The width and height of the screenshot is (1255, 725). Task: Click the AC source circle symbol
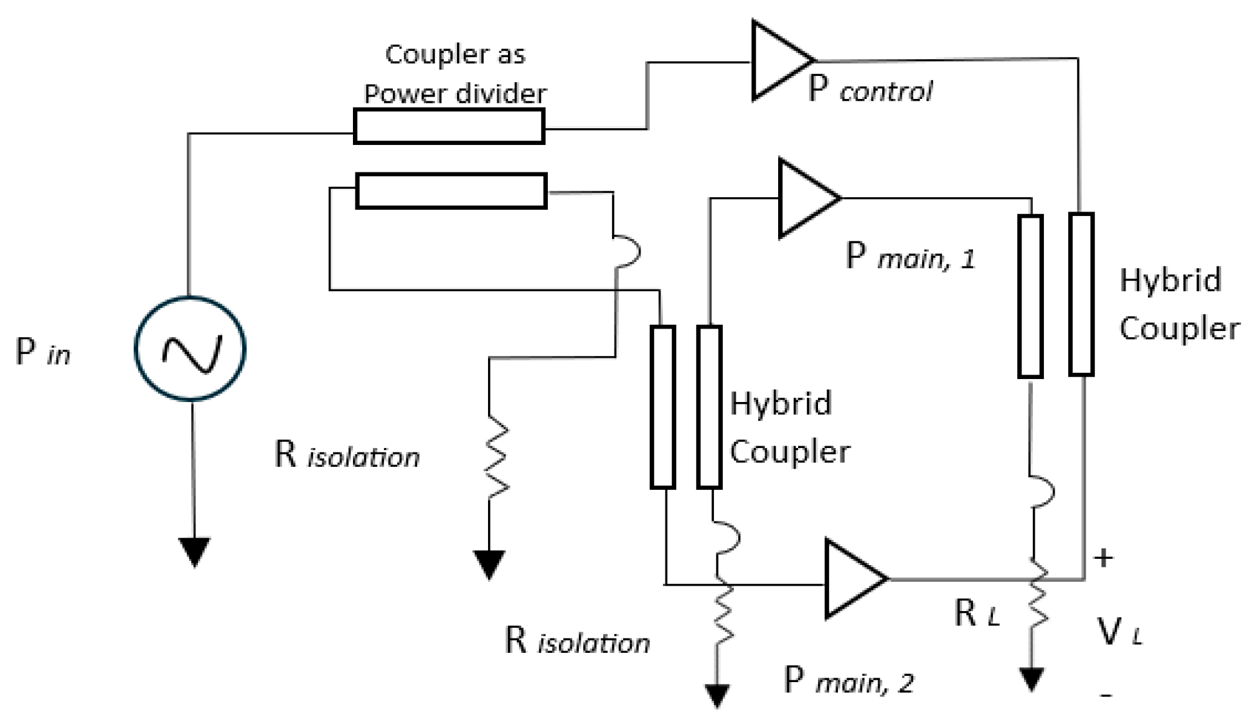(190, 348)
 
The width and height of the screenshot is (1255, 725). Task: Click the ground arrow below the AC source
(194, 551)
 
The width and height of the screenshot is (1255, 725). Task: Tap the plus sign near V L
(1103, 558)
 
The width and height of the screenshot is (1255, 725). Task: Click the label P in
(42, 353)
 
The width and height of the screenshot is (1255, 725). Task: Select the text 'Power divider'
(454, 94)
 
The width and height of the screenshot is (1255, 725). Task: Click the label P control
(870, 90)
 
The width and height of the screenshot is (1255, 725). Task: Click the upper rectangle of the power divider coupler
(449, 126)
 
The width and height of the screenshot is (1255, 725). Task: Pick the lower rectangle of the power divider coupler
(451, 190)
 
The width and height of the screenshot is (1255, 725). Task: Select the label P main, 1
(910, 256)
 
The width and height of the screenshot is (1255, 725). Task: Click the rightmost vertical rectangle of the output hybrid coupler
(1081, 294)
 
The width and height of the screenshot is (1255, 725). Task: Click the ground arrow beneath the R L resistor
(1032, 678)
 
